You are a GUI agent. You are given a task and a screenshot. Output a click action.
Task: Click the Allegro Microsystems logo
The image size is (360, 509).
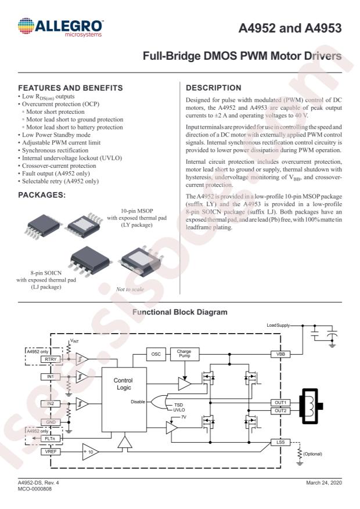tap(60, 27)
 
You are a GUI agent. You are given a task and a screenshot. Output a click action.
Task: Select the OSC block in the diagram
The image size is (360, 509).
tap(156, 354)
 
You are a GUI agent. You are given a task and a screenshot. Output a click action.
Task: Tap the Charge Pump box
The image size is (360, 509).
tap(185, 354)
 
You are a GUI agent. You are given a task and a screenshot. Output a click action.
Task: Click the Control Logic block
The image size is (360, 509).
tap(124, 400)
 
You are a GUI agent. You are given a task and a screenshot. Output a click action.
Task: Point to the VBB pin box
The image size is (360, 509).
tap(280, 354)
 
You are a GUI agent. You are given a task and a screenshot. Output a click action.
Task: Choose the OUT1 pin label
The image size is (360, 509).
tap(280, 403)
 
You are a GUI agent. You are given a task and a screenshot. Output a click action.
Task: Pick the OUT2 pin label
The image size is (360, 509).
tap(280, 411)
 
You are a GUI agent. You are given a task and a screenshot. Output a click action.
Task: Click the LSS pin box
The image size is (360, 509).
tap(280, 442)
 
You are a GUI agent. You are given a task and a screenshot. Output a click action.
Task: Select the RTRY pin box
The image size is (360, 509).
tap(51, 359)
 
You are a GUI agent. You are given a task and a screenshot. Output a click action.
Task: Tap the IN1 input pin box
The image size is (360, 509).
tap(51, 377)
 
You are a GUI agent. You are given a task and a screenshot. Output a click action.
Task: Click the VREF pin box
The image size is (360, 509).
tap(51, 452)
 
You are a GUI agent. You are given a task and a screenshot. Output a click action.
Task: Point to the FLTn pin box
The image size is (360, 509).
tap(51, 439)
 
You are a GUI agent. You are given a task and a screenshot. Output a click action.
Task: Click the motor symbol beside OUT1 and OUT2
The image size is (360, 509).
tap(312, 406)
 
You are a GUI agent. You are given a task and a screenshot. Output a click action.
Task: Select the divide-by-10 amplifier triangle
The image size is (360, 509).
tap(91, 452)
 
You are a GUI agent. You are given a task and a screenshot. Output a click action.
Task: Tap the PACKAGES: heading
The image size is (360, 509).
tap(42, 195)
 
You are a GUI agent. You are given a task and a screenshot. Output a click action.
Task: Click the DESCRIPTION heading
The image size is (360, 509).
tap(214, 88)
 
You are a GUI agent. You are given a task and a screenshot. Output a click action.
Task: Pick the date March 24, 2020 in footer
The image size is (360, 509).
tap(324, 483)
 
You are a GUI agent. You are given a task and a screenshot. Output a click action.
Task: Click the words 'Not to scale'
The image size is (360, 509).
tap(130, 289)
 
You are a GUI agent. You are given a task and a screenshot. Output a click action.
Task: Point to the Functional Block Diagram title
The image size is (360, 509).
tap(180, 312)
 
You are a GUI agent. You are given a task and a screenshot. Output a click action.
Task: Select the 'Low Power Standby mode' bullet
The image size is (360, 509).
tap(54, 135)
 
